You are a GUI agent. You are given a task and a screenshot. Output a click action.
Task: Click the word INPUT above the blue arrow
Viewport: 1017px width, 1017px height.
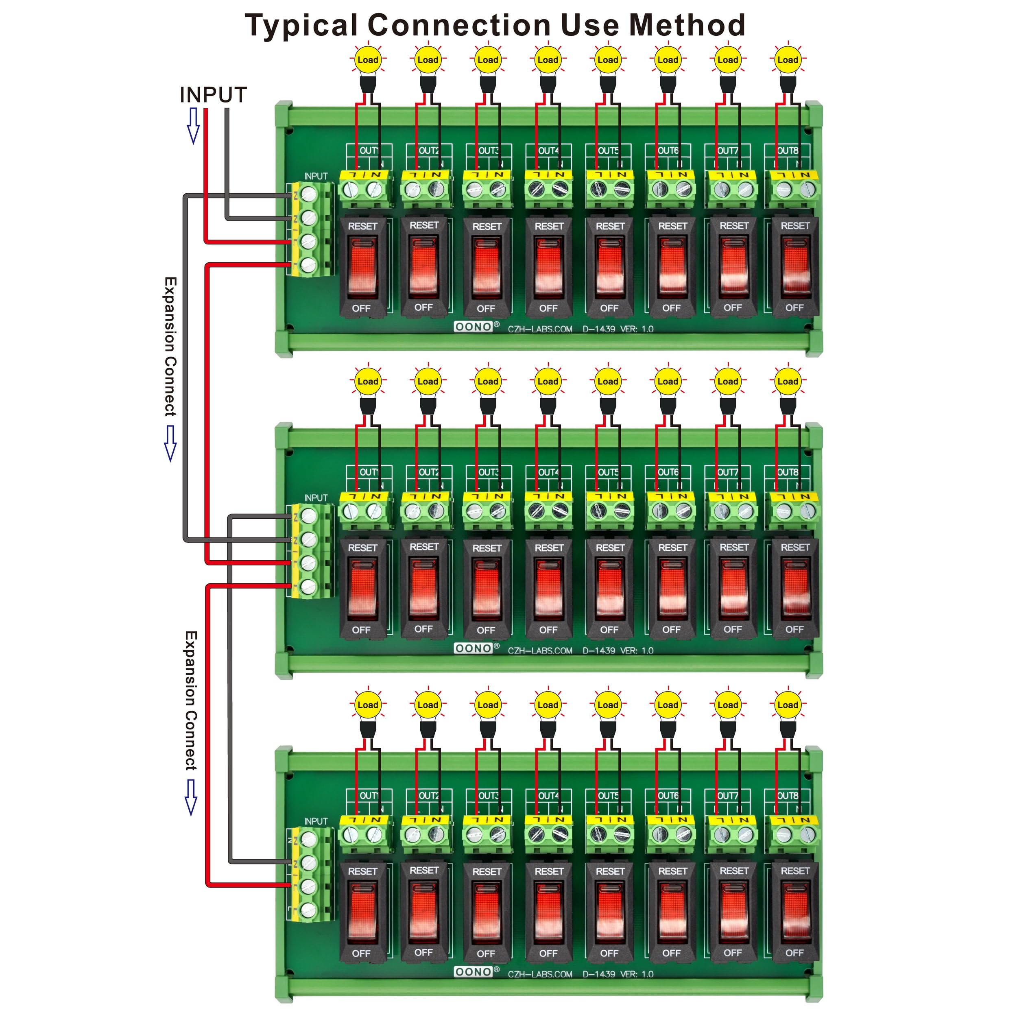tap(213, 95)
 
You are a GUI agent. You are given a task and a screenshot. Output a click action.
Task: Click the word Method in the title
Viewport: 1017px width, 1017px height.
tap(687, 25)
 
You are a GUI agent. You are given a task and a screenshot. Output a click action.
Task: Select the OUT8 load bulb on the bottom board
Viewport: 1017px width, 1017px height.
tap(788, 705)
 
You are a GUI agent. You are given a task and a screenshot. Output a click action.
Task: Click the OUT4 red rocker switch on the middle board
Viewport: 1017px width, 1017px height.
tap(548, 589)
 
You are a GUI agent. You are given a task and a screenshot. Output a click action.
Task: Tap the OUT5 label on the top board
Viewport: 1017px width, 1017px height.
tap(609, 151)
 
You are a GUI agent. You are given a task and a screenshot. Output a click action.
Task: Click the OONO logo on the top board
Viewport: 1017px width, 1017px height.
tap(473, 327)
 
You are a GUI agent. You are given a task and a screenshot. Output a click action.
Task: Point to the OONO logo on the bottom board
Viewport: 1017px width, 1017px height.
tap(473, 972)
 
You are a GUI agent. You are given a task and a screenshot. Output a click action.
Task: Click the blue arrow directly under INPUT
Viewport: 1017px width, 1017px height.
tap(194, 125)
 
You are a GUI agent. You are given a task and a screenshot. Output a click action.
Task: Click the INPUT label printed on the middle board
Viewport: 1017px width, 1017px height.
tap(316, 498)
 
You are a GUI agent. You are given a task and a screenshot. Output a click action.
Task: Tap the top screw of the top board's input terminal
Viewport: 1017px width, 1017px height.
tap(309, 195)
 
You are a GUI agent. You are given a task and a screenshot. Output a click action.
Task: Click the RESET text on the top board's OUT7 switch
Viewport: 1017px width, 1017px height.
tap(734, 226)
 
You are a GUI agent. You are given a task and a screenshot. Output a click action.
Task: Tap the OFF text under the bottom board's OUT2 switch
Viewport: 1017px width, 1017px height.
tap(423, 952)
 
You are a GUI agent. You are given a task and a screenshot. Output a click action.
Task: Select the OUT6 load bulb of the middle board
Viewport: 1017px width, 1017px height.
tap(668, 382)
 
